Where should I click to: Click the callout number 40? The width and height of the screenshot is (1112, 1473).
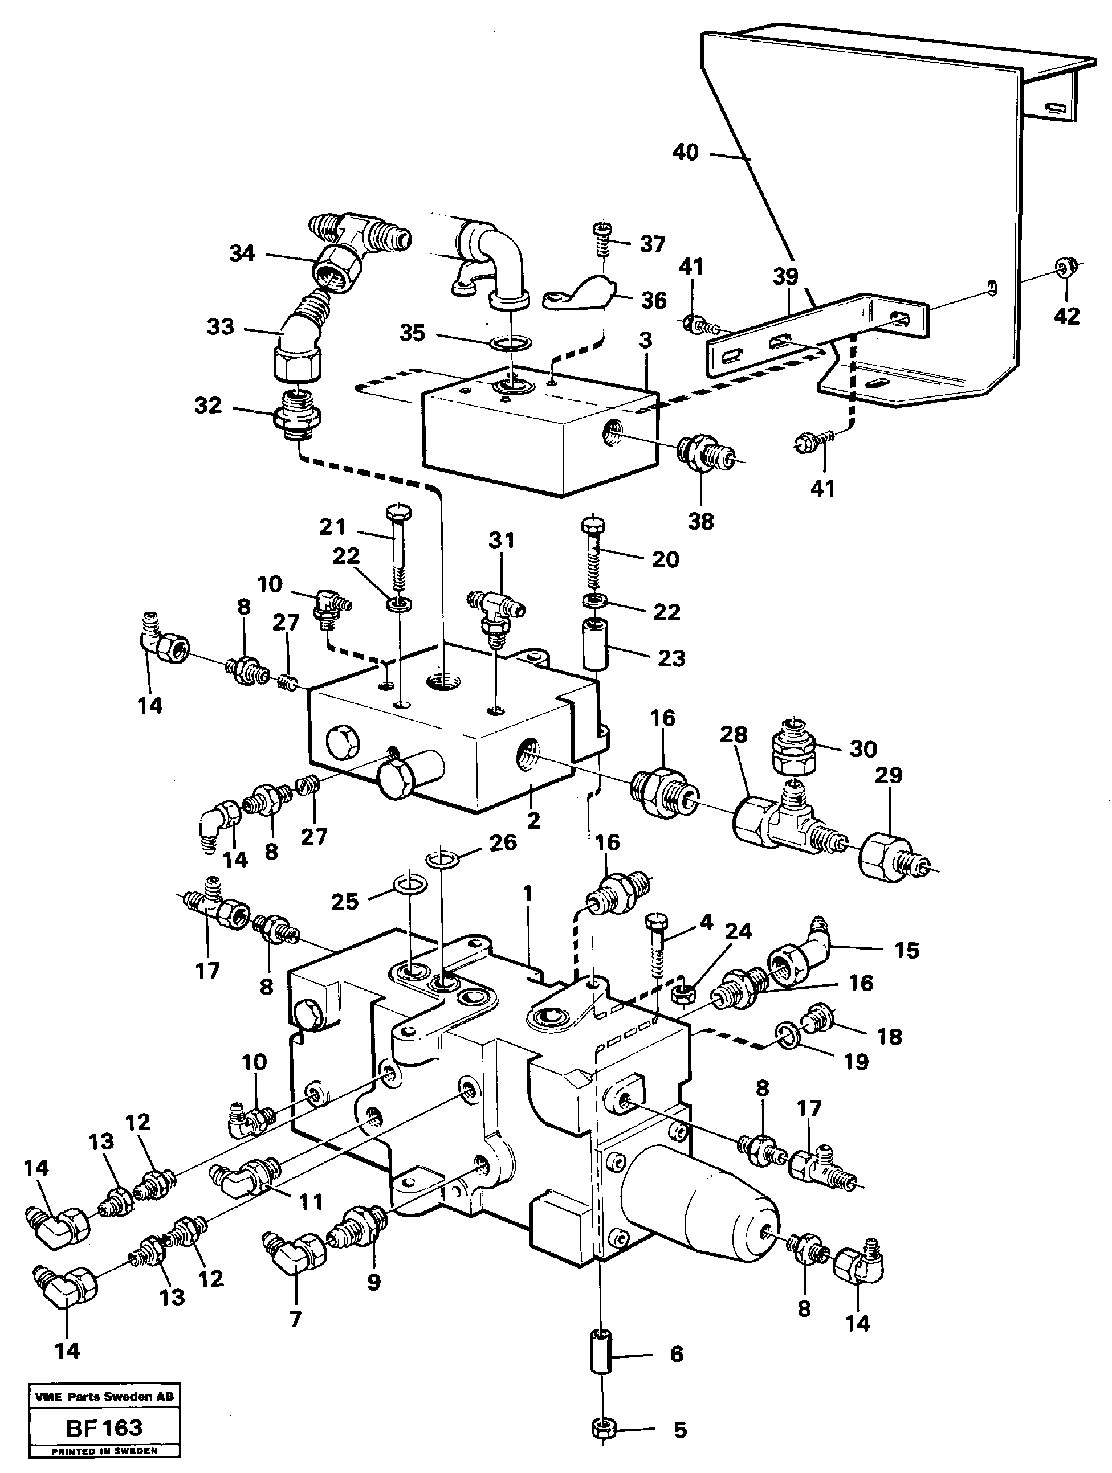click(x=686, y=153)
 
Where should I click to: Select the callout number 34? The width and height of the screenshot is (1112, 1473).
click(x=242, y=253)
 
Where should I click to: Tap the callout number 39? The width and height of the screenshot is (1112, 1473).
click(x=785, y=276)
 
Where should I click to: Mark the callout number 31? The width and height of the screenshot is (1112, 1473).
click(x=502, y=540)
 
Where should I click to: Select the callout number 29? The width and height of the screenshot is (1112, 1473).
click(x=888, y=775)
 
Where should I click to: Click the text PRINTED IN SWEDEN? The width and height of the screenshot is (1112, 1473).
click(x=104, y=1451)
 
